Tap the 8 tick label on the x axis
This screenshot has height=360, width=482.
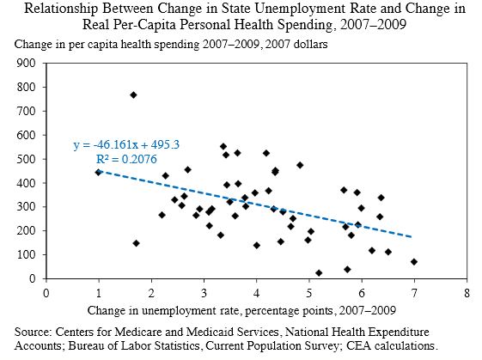(x=466, y=292)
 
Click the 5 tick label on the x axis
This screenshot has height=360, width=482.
(x=308, y=292)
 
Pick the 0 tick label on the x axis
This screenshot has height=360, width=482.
(x=46, y=292)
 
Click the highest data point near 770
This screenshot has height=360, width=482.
(x=133, y=95)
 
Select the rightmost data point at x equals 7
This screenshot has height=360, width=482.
(x=413, y=262)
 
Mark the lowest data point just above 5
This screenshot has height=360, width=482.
(x=319, y=273)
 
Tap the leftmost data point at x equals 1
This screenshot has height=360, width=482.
(x=98, y=172)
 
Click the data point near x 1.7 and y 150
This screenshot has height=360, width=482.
(x=136, y=243)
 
